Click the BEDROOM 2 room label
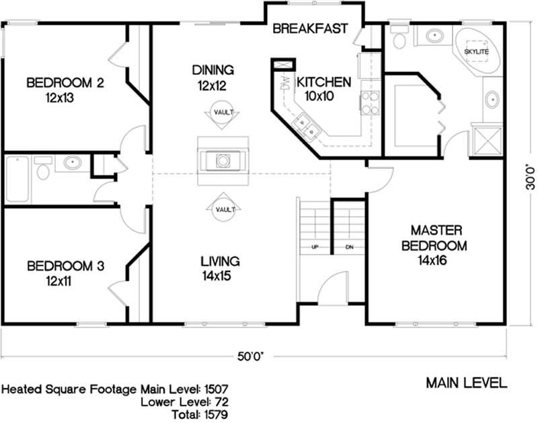point(65,90)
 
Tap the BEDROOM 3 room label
point(65,272)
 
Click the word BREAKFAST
point(310,28)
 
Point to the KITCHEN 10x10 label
point(323,88)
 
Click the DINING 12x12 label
point(213,77)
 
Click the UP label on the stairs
point(314,247)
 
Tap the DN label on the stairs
point(348,247)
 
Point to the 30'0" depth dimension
point(529,174)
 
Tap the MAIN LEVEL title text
point(466,383)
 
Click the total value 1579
point(216,414)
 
